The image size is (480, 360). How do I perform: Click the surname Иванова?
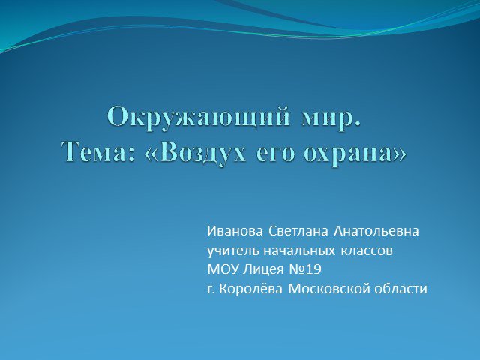pyautogui.click(x=235, y=231)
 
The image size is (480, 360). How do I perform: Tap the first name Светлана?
pyautogui.click(x=298, y=231)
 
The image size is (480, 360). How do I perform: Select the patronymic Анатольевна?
pyautogui.click(x=376, y=231)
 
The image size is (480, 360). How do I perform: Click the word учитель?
pyautogui.click(x=233, y=250)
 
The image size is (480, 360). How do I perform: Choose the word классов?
pyautogui.click(x=367, y=251)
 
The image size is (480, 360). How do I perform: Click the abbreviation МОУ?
pyautogui.click(x=223, y=269)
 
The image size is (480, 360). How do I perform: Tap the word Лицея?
pyautogui.click(x=263, y=270)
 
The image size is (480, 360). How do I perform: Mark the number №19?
pyautogui.click(x=305, y=269)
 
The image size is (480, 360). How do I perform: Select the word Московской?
pyautogui.click(x=329, y=289)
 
